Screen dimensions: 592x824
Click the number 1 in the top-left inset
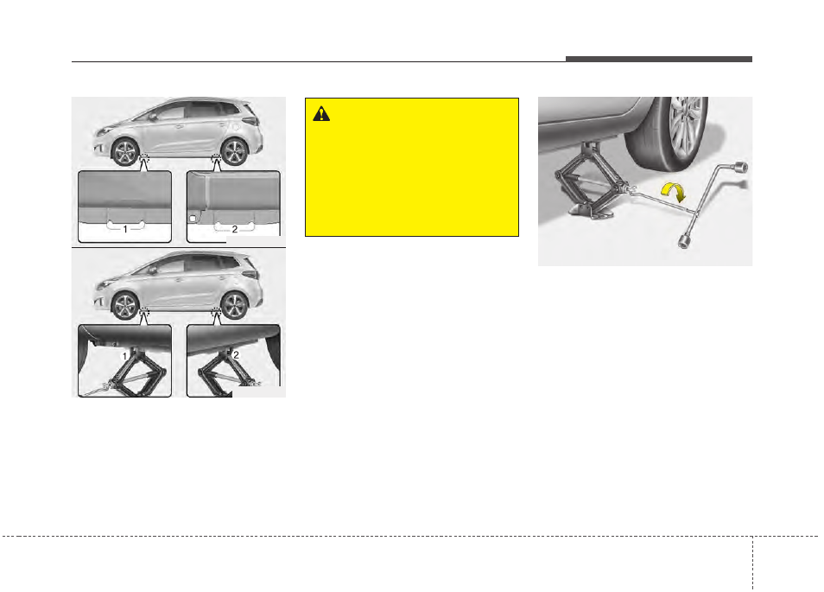pyautogui.click(x=124, y=229)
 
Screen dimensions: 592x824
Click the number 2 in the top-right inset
pyautogui.click(x=235, y=229)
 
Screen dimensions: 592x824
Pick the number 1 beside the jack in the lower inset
pyautogui.click(x=124, y=355)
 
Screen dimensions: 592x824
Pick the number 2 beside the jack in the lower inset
pyautogui.click(x=235, y=354)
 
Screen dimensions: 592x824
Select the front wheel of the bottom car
pyautogui.click(x=124, y=307)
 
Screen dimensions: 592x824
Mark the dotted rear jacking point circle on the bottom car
pyautogui.click(x=216, y=313)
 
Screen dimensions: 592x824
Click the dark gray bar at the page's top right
pyautogui.click(x=659, y=60)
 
